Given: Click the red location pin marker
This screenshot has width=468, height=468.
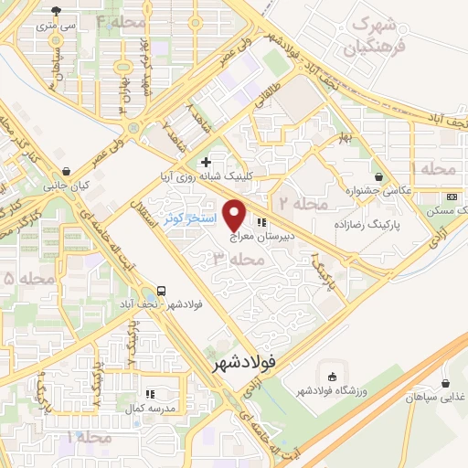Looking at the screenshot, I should (x=235, y=214).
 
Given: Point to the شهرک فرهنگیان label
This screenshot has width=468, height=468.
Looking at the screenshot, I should (x=367, y=33).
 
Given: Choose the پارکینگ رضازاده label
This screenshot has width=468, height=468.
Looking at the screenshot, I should (x=392, y=220).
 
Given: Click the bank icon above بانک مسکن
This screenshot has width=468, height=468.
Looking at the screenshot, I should (x=452, y=197).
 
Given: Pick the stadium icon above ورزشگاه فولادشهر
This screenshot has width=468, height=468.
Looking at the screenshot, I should (x=332, y=376).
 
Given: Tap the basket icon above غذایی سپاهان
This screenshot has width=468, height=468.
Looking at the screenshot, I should (x=445, y=383).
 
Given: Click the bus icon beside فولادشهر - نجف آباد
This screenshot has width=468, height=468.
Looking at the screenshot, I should (x=161, y=289).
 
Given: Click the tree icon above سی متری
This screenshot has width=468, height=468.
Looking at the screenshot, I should (x=58, y=11).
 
